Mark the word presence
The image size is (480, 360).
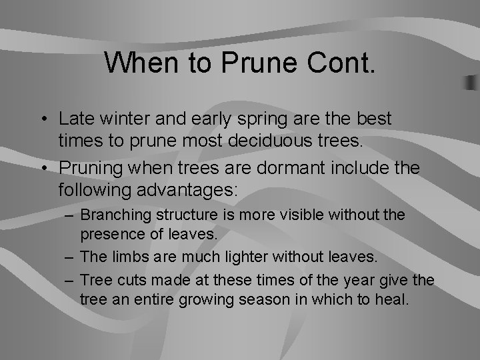click(x=111, y=235)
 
